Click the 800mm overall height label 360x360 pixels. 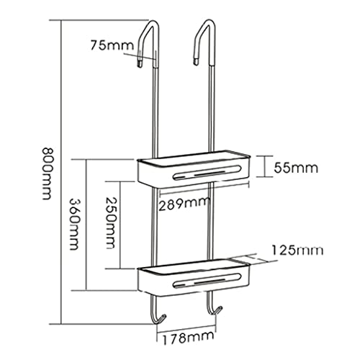(47, 174)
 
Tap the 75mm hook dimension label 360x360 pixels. (112, 45)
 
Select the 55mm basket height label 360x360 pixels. (296, 168)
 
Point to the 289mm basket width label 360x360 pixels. (184, 204)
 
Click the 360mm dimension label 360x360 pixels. (75, 224)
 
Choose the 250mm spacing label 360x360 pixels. (111, 223)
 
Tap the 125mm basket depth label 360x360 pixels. (297, 251)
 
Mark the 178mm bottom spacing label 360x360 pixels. (189, 338)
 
